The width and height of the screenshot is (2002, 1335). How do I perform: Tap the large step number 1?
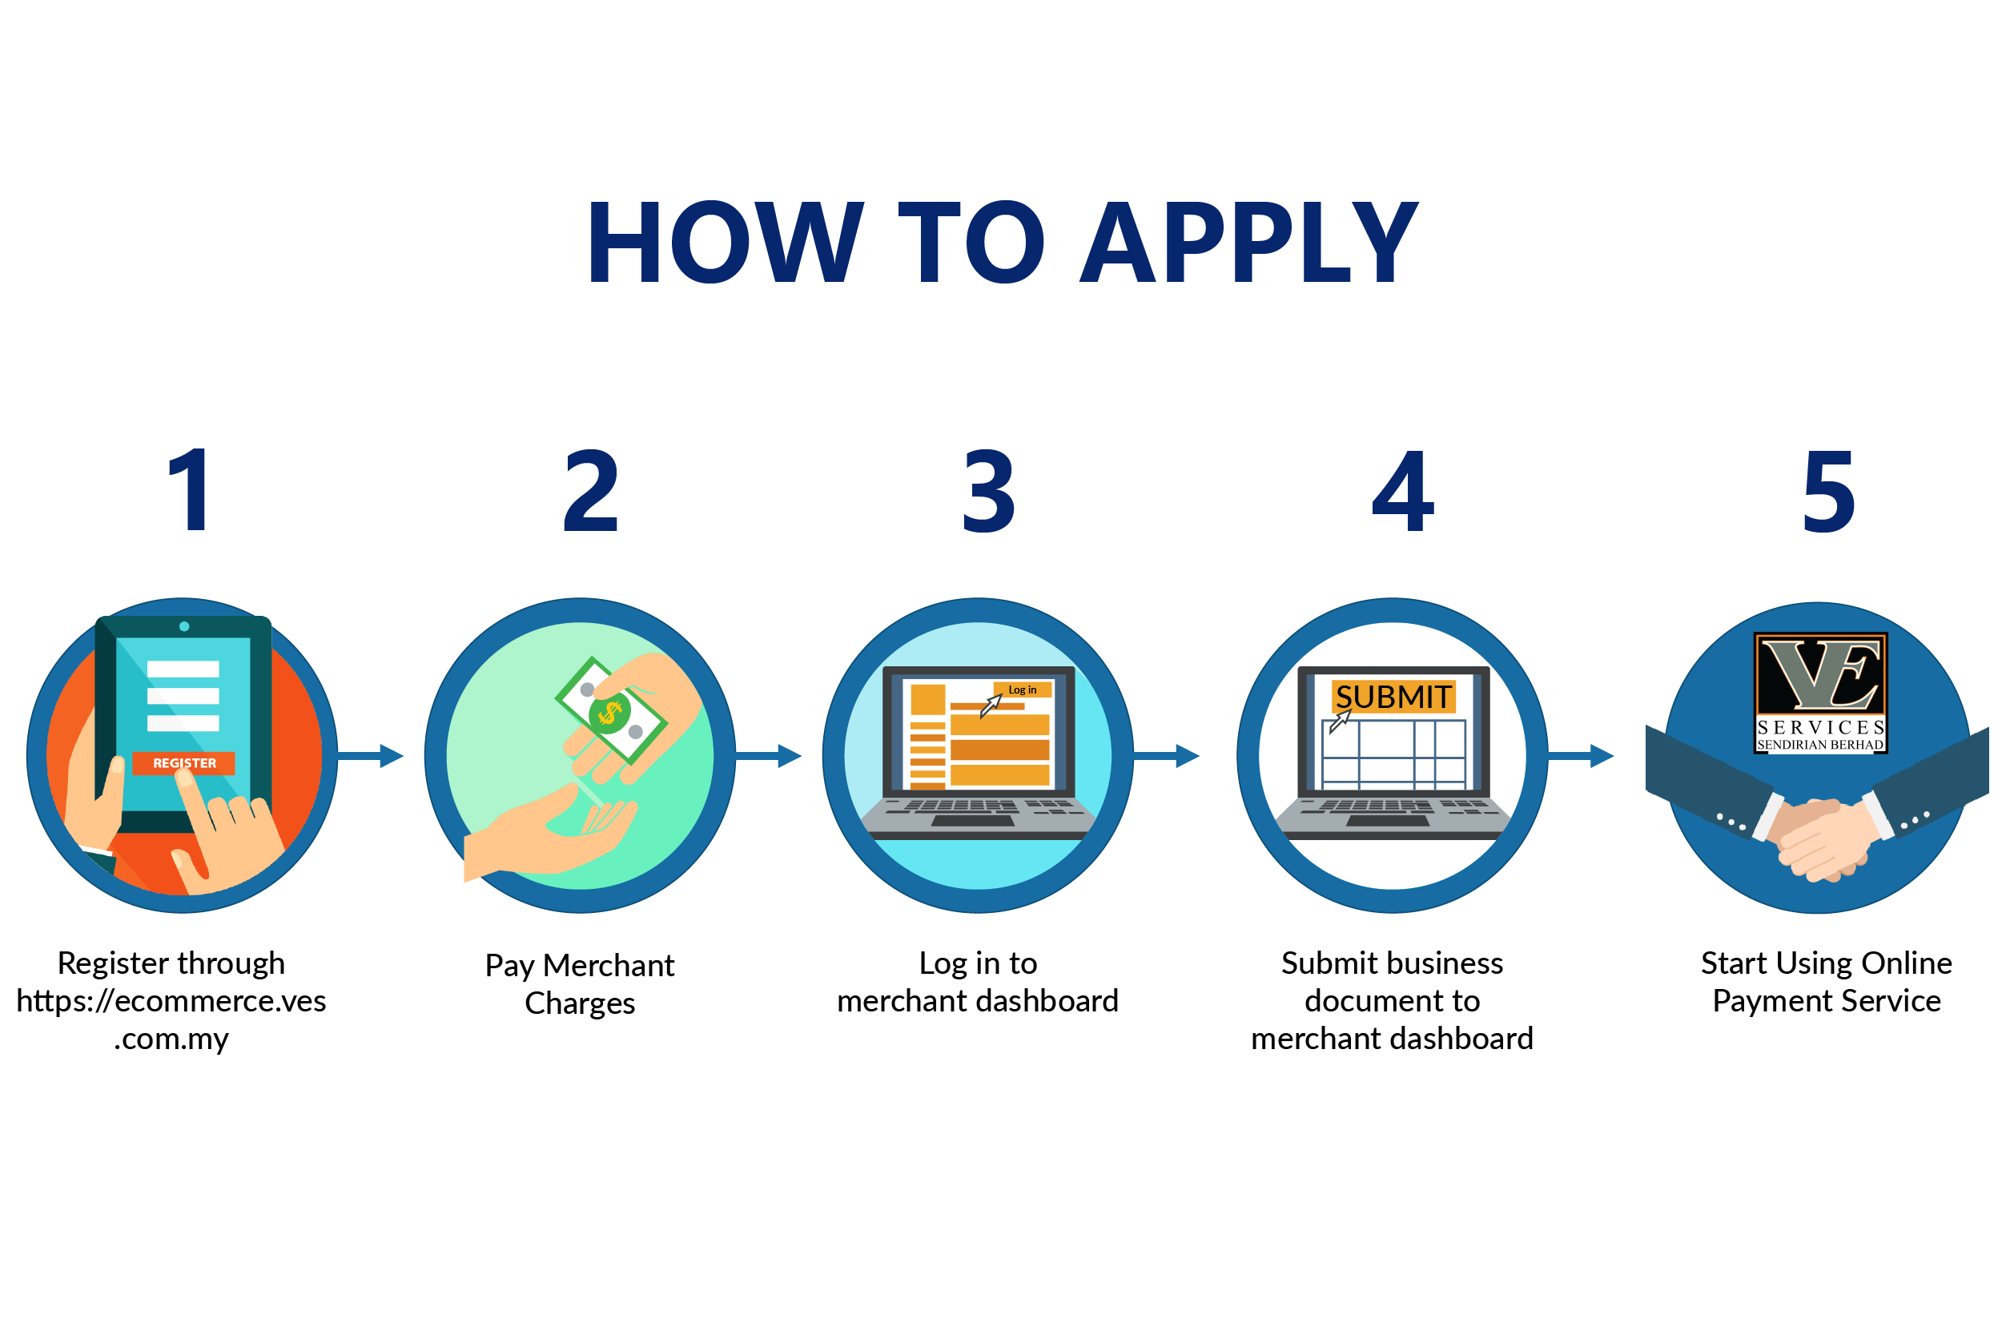(189, 490)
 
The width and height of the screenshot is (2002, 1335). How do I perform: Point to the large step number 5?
(1827, 492)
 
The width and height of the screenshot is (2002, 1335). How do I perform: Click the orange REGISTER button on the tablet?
(184, 763)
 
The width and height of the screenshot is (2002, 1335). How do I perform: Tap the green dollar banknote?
(610, 711)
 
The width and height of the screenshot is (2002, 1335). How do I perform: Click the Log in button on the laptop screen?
(1022, 690)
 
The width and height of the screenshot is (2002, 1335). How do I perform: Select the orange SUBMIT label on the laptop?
(1393, 697)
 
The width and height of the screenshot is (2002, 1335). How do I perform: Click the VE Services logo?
(1820, 692)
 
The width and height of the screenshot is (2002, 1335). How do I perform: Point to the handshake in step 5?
(1822, 838)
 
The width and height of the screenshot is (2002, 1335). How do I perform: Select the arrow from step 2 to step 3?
(770, 755)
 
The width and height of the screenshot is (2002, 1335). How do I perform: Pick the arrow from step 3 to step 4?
(1168, 755)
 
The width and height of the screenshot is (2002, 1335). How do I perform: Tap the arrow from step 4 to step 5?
(1582, 755)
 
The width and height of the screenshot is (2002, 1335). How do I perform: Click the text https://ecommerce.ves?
(171, 1001)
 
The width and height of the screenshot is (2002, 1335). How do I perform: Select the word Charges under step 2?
(580, 1003)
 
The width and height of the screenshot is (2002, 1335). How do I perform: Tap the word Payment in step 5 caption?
(1773, 1001)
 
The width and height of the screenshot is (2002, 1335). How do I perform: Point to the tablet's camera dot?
(184, 626)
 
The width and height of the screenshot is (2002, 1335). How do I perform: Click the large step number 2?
(591, 491)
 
